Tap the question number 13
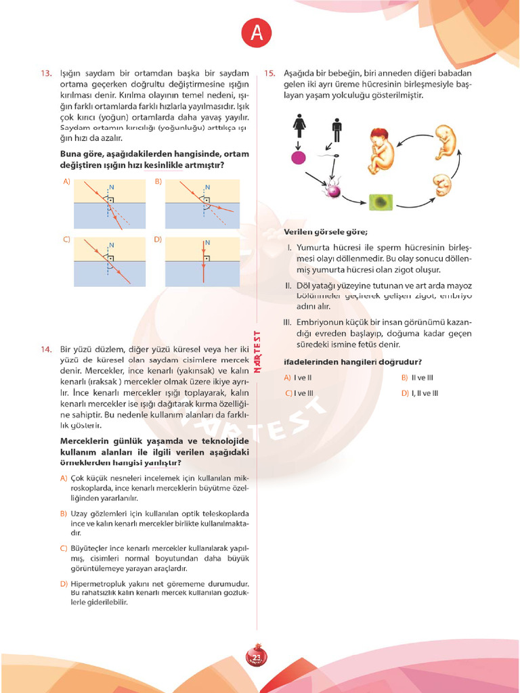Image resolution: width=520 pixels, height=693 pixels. click(46, 73)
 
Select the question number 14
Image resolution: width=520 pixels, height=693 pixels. click(46, 349)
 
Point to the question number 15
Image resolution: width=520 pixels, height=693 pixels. click(269, 73)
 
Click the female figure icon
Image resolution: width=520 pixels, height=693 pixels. click(299, 126)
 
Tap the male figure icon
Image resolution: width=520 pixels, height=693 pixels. click(337, 130)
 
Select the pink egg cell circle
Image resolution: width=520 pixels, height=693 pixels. click(298, 158)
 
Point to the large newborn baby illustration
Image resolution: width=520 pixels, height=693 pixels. click(383, 150)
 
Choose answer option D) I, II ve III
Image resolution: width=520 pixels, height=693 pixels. click(420, 393)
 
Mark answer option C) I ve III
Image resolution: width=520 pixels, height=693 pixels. click(299, 393)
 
